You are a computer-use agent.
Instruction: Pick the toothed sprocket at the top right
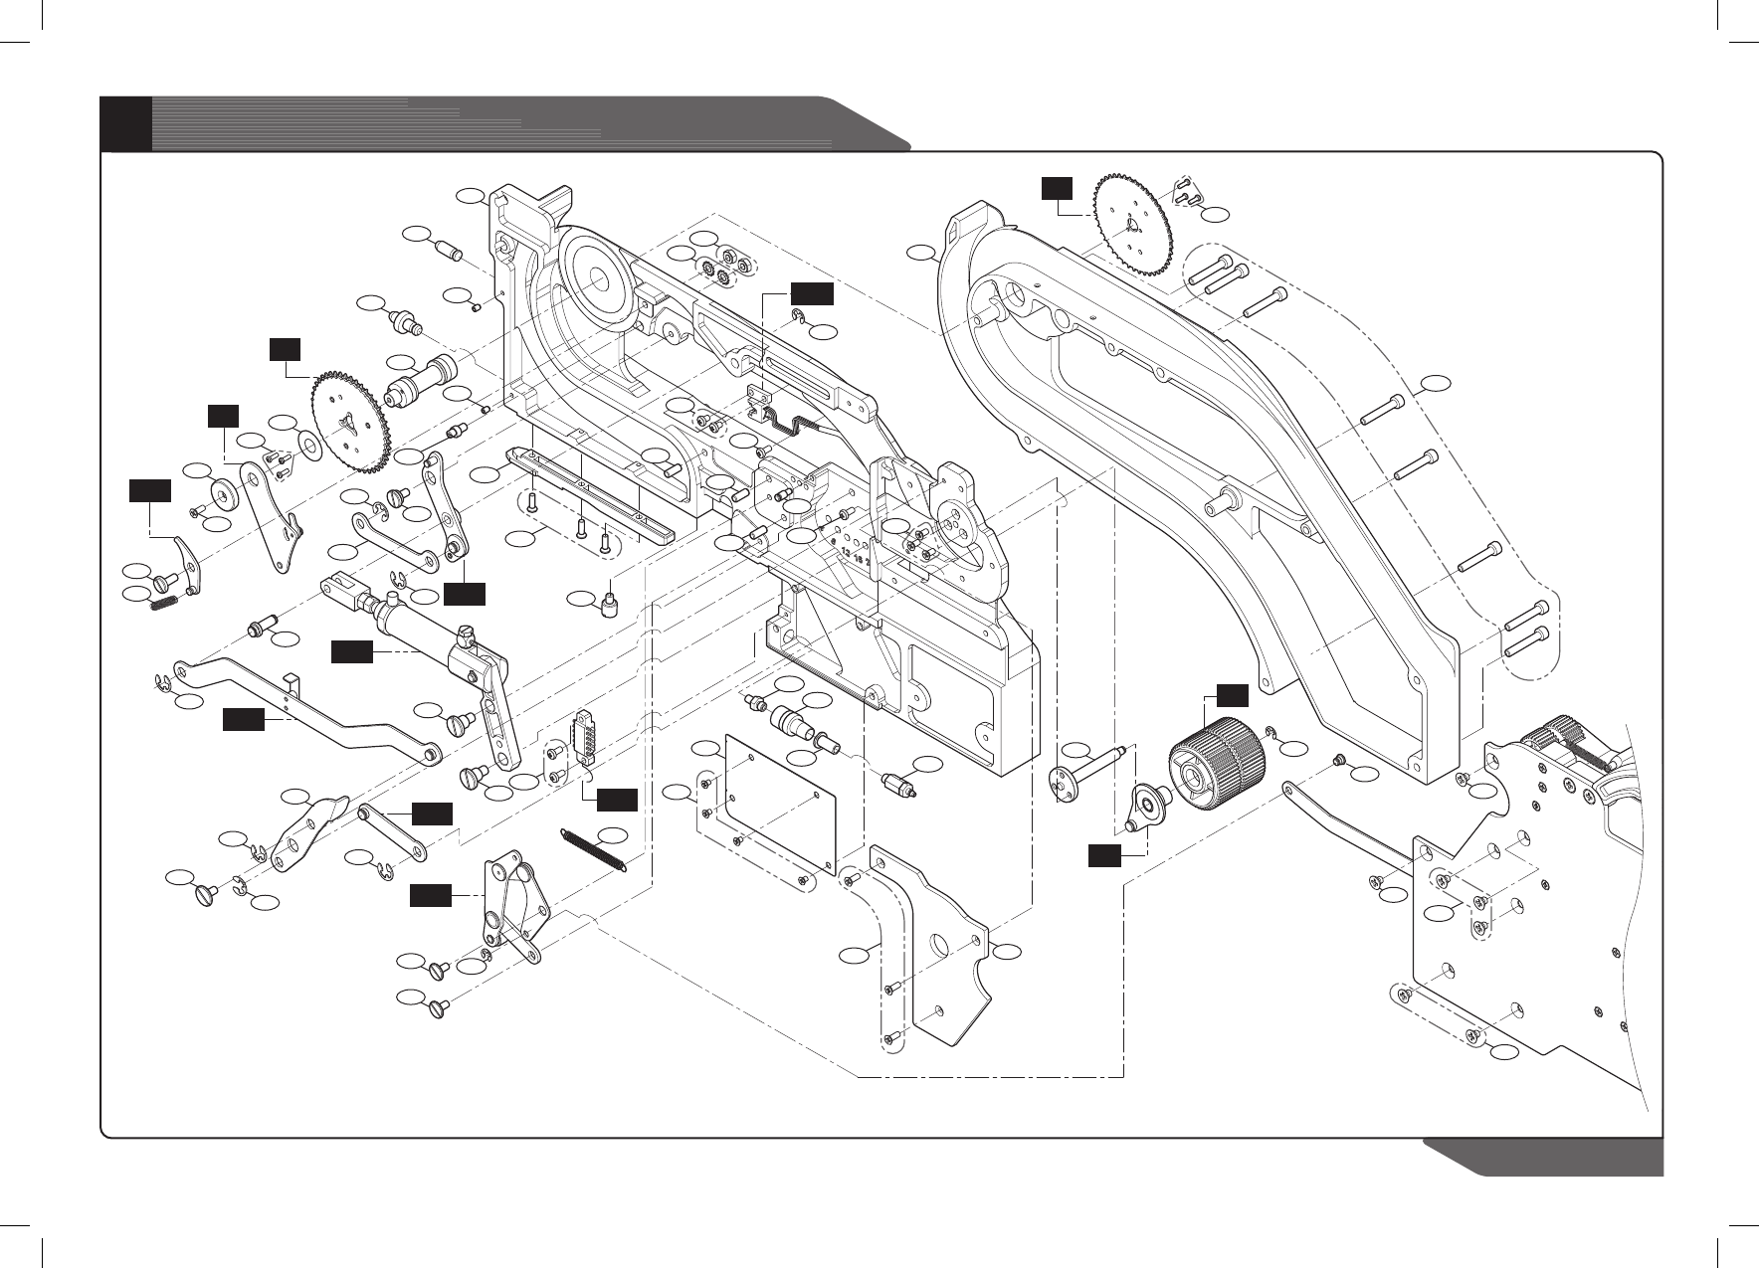pyautogui.click(x=1132, y=226)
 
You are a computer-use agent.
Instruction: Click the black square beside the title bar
pyautogui.click(x=126, y=123)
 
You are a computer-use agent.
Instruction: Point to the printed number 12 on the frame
pyautogui.click(x=844, y=550)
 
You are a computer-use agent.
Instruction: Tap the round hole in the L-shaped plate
pyautogui.click(x=938, y=942)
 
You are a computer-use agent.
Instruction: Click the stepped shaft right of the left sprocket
pyautogui.click(x=417, y=383)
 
